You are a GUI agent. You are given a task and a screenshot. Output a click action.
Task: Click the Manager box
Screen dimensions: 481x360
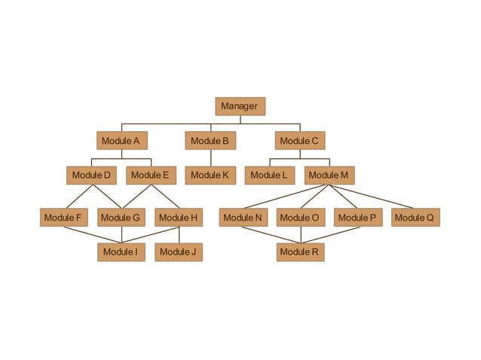point(240,106)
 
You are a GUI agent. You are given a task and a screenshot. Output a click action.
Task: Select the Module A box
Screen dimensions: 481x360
point(121,141)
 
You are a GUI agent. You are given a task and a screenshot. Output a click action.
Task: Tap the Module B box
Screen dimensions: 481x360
point(210,141)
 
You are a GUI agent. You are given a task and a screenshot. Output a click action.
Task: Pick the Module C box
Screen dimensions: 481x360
point(299,141)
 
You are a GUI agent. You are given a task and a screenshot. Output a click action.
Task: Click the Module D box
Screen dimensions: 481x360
point(91,175)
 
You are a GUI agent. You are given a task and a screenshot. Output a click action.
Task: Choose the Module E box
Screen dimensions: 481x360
point(150,175)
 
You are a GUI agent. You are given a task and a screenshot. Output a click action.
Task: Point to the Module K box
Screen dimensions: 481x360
point(210,175)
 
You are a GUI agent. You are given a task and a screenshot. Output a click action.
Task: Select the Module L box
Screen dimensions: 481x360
point(269,175)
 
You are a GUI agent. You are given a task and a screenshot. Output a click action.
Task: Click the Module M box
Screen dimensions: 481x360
point(329,175)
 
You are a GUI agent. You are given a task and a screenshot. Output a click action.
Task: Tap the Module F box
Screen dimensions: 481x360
point(63,218)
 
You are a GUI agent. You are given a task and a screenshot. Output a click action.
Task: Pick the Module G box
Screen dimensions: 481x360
point(121,218)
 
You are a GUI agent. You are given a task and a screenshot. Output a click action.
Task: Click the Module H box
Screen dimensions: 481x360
point(179,218)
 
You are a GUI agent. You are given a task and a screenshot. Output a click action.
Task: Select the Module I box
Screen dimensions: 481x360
point(121,252)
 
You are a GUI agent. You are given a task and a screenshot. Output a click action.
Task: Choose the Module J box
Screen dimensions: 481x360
point(179,252)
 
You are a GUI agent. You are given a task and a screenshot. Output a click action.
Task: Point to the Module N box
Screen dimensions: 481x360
point(243,218)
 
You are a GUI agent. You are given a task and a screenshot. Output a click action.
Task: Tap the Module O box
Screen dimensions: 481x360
point(299,218)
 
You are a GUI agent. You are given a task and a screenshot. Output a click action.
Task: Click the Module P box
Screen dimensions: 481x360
point(358,218)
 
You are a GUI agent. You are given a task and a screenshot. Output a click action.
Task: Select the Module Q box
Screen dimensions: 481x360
point(415,218)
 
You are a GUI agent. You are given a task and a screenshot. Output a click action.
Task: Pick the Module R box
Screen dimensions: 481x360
point(299,252)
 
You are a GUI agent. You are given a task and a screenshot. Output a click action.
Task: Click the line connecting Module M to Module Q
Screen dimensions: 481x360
point(372,196)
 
